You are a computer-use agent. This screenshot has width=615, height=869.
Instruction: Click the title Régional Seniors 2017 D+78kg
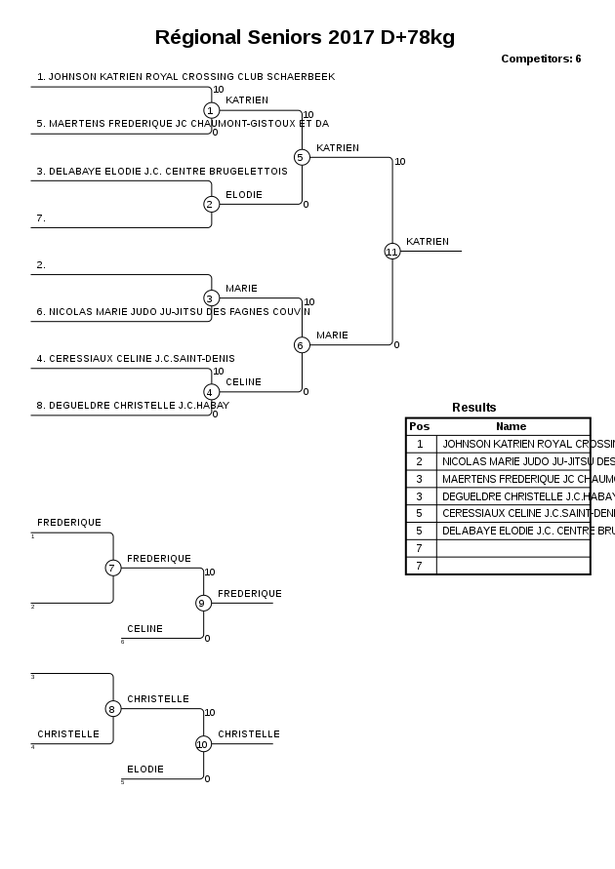(305, 38)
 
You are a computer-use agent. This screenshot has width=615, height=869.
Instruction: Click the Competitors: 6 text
(541, 59)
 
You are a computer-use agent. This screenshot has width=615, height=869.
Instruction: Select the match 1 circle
(211, 110)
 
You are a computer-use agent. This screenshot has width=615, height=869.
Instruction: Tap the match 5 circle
(301, 157)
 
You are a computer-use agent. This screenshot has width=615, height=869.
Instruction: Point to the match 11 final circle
(391, 251)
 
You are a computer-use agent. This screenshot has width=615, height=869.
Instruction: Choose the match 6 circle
(301, 344)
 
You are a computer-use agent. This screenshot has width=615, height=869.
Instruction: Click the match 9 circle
(203, 603)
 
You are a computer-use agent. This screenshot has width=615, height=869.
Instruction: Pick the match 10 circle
(203, 743)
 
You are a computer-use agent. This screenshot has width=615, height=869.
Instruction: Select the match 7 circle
(112, 568)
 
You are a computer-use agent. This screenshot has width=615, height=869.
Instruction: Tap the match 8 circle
(112, 708)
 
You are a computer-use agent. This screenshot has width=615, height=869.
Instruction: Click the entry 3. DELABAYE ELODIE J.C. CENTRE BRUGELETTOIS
(162, 172)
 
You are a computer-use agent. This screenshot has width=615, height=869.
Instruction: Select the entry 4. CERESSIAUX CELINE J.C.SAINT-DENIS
(136, 359)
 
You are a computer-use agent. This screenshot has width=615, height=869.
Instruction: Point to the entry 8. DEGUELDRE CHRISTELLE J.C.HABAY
(133, 406)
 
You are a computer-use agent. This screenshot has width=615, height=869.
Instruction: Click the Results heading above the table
(473, 408)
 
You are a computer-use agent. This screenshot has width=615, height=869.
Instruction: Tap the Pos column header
(420, 426)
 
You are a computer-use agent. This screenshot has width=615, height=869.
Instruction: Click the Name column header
(511, 426)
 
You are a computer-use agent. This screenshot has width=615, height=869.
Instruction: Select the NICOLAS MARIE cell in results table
(514, 461)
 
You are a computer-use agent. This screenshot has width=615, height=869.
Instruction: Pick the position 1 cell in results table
(420, 444)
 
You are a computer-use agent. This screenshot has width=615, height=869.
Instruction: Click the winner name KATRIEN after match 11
(428, 242)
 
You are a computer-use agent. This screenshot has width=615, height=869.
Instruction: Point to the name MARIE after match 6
(332, 336)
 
